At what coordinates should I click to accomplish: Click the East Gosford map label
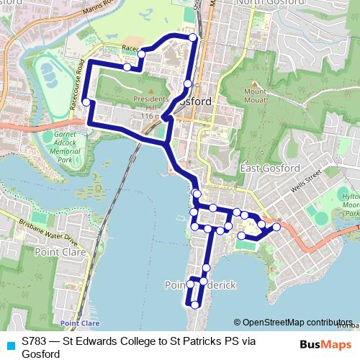[269, 168]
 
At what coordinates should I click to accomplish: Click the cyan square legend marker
[9, 343]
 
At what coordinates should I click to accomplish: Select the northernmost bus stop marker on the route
[192, 37]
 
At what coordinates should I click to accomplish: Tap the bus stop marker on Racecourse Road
[86, 102]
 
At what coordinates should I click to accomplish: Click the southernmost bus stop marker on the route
[194, 305]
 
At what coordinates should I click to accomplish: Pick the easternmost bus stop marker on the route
[276, 227]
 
